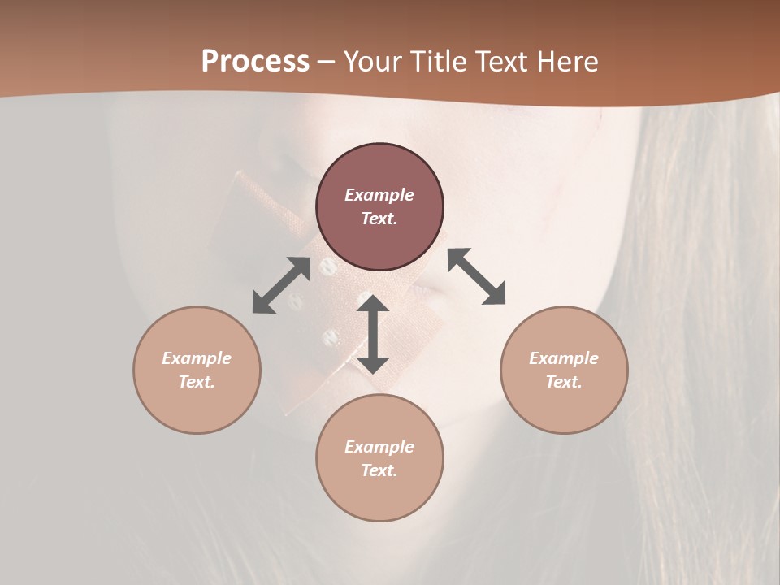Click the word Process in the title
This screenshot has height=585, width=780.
(255, 62)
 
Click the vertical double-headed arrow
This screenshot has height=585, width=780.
(373, 335)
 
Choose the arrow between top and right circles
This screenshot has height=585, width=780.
(476, 276)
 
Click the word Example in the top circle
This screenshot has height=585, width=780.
(379, 195)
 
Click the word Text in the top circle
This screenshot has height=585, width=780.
(379, 219)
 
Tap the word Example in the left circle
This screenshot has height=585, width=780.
(197, 358)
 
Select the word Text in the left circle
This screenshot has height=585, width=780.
(197, 382)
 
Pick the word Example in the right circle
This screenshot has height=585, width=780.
(564, 358)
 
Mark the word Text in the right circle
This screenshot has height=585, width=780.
(564, 382)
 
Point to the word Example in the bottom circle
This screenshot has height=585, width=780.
(379, 447)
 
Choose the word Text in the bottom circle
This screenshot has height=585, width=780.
(379, 470)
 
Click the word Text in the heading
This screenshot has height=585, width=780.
(499, 62)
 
